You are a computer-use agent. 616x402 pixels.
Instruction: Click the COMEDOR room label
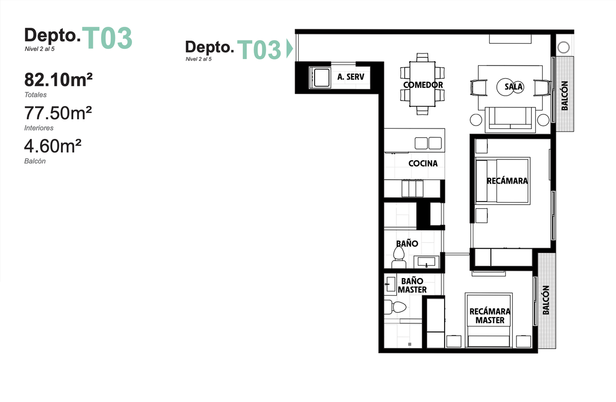coord(423,85)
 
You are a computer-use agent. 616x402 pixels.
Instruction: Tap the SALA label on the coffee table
coord(513,87)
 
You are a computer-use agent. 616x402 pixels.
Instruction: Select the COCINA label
coord(423,163)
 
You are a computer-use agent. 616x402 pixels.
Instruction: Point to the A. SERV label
coord(351,77)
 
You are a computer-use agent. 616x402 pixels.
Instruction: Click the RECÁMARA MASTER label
coord(490,316)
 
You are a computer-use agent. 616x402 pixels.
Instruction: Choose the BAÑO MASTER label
coord(412,285)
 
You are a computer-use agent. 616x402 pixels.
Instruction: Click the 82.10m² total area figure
coord(59,80)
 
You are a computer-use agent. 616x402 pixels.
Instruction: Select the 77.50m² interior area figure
coord(58,113)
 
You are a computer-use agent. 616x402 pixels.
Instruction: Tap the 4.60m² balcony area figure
coord(53,146)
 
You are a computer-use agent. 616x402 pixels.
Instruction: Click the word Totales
coord(35,95)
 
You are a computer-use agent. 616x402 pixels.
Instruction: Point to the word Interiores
coord(39,128)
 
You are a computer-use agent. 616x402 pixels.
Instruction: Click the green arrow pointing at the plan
coord(290,49)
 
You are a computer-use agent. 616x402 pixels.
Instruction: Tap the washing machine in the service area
coord(320,78)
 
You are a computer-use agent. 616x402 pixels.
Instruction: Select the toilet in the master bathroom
coord(395,307)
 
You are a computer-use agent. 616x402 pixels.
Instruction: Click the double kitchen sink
coord(428,143)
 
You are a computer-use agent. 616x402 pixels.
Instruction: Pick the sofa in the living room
coord(510,119)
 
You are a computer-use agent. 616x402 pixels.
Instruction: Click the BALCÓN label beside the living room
coord(565,96)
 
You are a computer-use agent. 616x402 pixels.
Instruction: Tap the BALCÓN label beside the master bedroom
coord(546,300)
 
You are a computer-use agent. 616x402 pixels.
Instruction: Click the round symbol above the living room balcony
coord(564,47)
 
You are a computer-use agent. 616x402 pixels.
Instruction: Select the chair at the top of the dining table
coord(422,57)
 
